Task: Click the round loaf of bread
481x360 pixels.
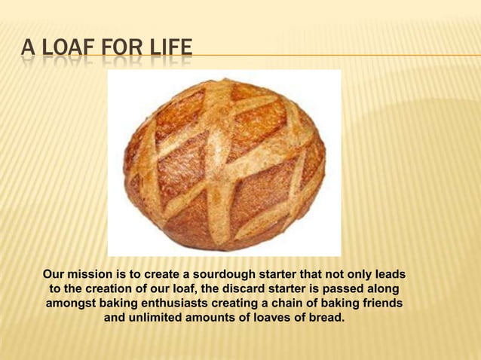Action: pos(224,163)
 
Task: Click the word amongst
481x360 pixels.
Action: pos(71,304)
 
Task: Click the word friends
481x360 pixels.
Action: pos(380,304)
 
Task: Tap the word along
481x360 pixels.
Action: pos(384,289)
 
